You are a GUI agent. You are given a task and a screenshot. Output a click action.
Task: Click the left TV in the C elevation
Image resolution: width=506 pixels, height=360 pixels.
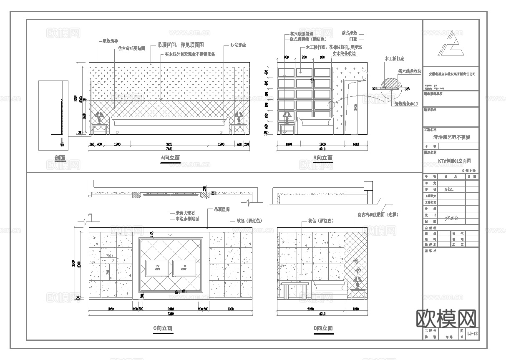[x=157, y=268]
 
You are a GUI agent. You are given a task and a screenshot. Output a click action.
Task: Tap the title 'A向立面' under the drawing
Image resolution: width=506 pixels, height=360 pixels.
[x=170, y=158]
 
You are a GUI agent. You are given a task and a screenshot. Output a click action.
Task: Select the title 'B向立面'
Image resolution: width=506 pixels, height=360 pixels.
[x=323, y=158]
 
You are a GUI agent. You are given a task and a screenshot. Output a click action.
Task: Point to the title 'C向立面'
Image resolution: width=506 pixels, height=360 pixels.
[x=163, y=328]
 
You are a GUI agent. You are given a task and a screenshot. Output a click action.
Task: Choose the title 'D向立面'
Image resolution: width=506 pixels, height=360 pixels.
[x=323, y=328]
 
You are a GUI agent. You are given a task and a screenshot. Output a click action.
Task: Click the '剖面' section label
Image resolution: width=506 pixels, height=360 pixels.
[x=60, y=158]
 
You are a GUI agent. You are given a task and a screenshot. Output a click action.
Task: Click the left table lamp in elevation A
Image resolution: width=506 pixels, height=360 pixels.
[x=99, y=117]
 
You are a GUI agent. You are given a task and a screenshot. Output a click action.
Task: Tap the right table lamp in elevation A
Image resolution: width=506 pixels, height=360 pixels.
[x=239, y=117]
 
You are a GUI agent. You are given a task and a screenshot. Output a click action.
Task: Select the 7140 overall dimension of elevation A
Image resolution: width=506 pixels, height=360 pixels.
[x=169, y=149]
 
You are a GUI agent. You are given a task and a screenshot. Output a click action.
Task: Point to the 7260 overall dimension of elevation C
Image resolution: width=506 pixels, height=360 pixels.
[x=170, y=314]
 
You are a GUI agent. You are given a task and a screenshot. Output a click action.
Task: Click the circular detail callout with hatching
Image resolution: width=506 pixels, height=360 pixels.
[x=393, y=84]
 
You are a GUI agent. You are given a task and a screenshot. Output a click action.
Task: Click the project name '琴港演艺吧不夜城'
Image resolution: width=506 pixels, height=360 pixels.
[x=451, y=137]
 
